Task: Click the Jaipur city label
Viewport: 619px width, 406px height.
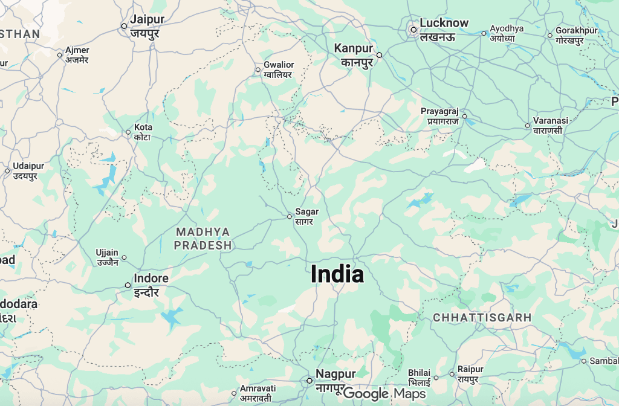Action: tap(147, 26)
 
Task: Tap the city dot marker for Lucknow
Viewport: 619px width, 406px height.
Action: tap(413, 29)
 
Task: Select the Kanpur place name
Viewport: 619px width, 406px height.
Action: tap(355, 54)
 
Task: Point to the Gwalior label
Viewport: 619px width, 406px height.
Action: tap(279, 69)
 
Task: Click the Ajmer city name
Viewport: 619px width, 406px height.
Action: tap(77, 55)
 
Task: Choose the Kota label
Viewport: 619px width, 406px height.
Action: tap(143, 132)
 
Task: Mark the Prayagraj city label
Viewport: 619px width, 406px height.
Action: tap(440, 116)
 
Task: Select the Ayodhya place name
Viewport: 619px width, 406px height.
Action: tap(507, 33)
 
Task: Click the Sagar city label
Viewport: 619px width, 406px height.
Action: tap(306, 216)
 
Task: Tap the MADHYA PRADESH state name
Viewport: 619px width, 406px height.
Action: tap(203, 239)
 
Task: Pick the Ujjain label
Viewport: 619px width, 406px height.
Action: tap(107, 257)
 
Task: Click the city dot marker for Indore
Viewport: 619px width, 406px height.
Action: tap(128, 285)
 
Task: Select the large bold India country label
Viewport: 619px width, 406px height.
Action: tap(337, 274)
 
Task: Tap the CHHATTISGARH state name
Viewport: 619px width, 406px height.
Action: tap(482, 317)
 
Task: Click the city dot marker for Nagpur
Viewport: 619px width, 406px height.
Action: tap(309, 381)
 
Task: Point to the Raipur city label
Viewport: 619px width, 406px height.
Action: tap(470, 373)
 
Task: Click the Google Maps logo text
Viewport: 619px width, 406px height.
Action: tap(384, 394)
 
